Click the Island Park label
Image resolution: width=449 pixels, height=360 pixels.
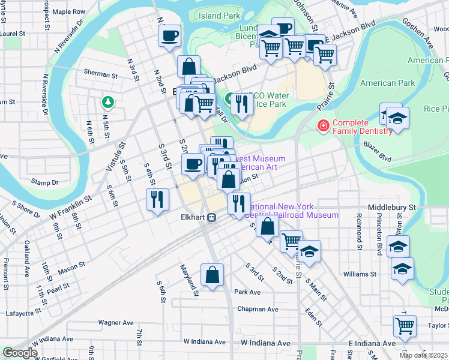(x=219, y=16)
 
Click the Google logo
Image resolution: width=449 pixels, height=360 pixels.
(x=20, y=353)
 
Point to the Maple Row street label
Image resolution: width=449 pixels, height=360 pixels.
(x=68, y=11)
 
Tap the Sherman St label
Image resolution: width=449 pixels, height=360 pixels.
(x=100, y=76)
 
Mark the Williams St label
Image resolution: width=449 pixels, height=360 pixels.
(x=360, y=274)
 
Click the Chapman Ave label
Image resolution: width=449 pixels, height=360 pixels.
(x=258, y=309)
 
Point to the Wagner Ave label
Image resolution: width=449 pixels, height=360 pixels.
(x=116, y=322)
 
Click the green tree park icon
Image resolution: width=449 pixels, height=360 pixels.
(x=107, y=102)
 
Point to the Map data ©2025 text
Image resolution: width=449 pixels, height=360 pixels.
(x=424, y=355)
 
